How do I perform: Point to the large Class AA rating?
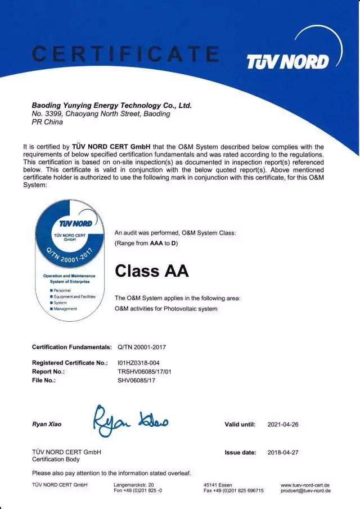[x=151, y=271]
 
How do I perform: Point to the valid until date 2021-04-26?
[x=283, y=425]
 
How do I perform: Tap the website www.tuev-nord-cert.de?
[x=305, y=485]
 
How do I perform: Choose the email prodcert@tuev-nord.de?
[x=305, y=490]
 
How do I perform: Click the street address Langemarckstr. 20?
[x=134, y=485]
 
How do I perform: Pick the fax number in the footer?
[x=233, y=490]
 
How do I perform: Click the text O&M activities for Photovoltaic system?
[x=166, y=309]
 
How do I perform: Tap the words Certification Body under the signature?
[x=57, y=459]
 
